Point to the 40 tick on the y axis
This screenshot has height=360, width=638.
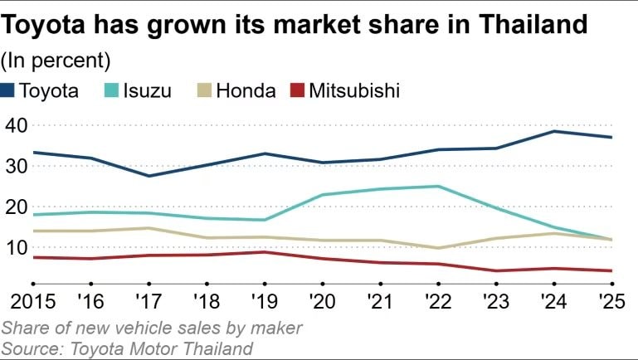17,125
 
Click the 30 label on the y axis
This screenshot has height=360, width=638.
17,166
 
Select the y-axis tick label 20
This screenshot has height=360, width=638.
17,207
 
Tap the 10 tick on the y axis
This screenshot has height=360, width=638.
17,247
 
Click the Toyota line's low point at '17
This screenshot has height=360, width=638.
149,176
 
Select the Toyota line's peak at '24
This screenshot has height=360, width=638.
553,131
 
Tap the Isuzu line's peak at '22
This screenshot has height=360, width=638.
437,186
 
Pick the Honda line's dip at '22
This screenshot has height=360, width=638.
437,248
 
